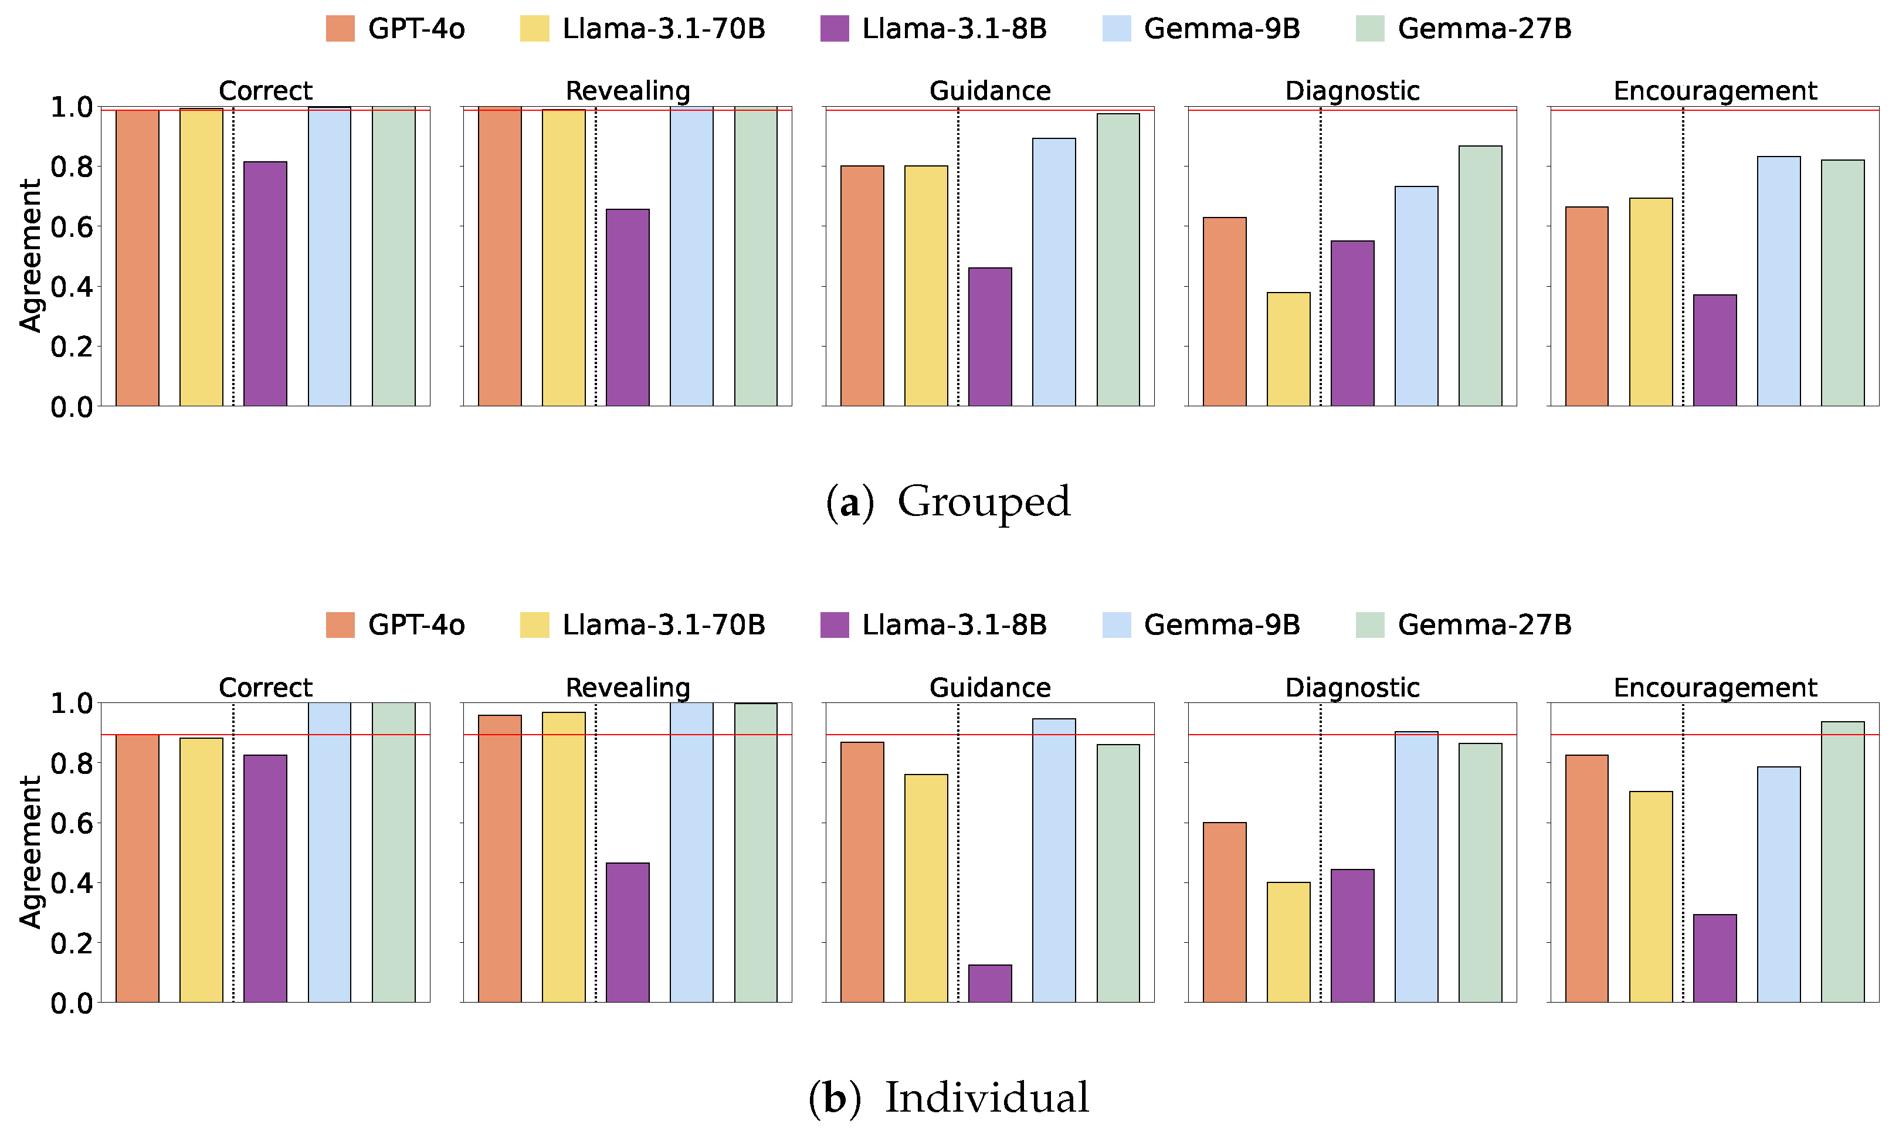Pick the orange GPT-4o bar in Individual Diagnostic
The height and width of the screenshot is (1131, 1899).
tap(1225, 912)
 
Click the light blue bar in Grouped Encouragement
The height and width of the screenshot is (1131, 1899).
tap(1779, 281)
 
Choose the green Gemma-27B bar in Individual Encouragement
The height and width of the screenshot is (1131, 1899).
tap(1843, 862)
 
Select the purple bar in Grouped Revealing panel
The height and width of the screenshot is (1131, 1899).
tap(628, 308)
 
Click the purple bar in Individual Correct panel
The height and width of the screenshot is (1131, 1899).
tap(265, 879)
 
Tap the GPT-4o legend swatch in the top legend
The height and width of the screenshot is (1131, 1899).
tap(340, 29)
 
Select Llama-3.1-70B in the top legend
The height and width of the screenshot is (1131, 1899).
tap(663, 29)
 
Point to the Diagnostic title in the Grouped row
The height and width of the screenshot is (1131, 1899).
tap(1352, 91)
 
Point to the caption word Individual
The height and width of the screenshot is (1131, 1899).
tap(986, 1098)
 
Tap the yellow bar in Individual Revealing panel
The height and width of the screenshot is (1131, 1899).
tap(564, 857)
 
